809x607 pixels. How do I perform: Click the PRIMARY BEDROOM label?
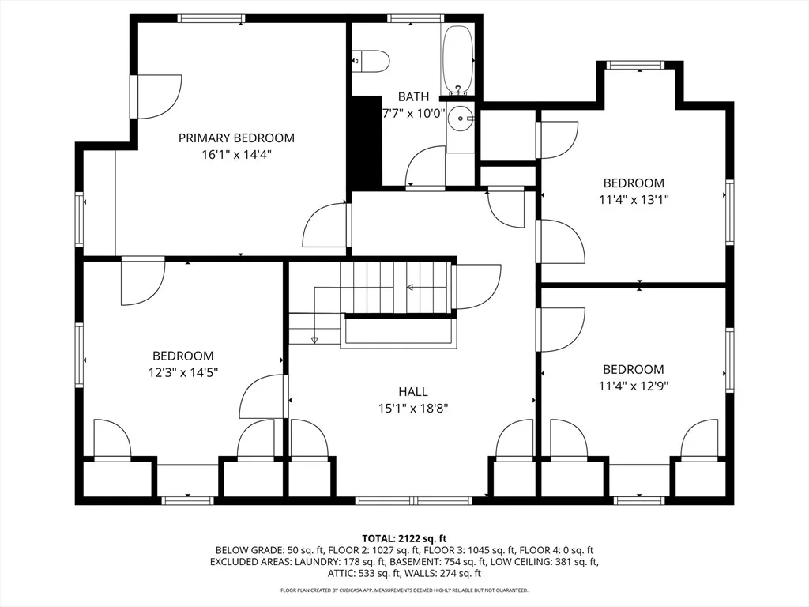(x=236, y=138)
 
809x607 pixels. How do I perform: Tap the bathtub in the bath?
(x=457, y=59)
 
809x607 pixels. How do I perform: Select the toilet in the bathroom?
(x=370, y=61)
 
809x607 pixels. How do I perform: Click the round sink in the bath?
(x=461, y=119)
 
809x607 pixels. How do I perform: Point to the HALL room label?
(x=412, y=392)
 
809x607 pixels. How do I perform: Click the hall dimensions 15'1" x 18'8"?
(x=412, y=409)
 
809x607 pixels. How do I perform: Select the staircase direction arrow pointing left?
(x=411, y=287)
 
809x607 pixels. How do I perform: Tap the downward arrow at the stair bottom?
(x=314, y=340)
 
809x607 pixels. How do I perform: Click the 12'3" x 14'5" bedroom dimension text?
(x=183, y=372)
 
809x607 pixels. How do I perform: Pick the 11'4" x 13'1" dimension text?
(x=634, y=199)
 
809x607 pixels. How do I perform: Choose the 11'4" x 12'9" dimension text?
(x=634, y=386)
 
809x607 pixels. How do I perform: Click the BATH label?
(x=413, y=96)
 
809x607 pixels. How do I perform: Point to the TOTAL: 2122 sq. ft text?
(x=404, y=539)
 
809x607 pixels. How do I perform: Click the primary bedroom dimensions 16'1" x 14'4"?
(x=236, y=154)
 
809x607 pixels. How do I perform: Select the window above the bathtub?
(x=416, y=19)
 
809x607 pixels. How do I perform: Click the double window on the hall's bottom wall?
(x=414, y=500)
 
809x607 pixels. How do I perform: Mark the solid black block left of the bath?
(x=366, y=143)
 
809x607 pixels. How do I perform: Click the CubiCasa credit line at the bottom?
(x=404, y=590)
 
